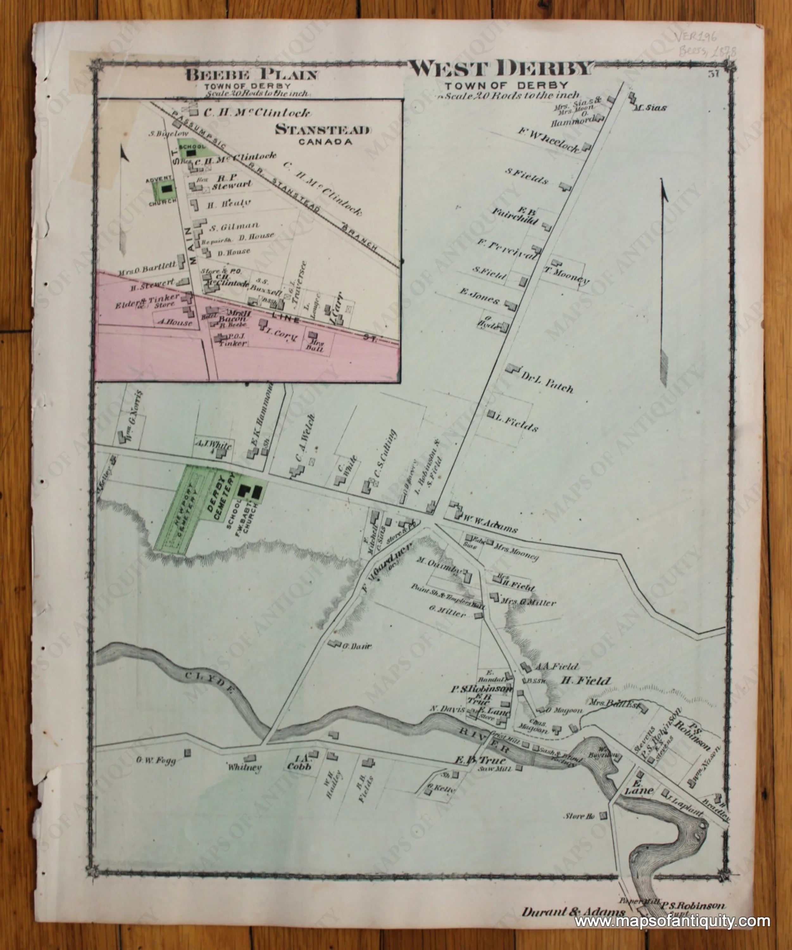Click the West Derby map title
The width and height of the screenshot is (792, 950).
(x=501, y=69)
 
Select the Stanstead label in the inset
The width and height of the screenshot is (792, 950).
(x=323, y=130)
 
